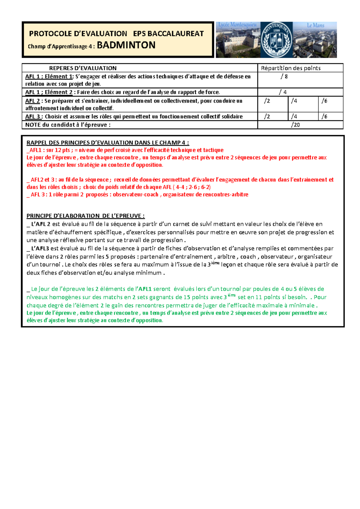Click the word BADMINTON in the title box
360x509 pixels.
pos(126,45)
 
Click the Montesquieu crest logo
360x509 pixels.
pos(276,40)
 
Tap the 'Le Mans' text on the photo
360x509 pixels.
pos(315,26)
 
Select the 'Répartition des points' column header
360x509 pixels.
pos(290,68)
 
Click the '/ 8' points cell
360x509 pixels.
pos(284,77)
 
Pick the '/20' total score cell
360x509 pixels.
pos(295,125)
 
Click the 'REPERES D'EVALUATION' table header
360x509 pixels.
pos(83,68)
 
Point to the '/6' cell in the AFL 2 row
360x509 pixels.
pos(324,101)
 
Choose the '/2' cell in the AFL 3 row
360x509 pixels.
pos(267,116)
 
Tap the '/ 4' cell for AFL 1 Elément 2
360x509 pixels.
pos(283,92)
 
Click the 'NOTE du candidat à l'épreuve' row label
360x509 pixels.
pos(68,125)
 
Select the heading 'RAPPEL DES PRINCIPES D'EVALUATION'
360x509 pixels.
pos(108,143)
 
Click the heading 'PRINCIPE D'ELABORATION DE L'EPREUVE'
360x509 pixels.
pos(85,216)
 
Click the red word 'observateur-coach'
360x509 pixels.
pos(135,194)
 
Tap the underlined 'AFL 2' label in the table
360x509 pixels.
pos(32,101)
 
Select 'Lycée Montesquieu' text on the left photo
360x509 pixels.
pos(237,25)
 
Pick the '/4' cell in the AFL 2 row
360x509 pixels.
pos(294,101)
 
